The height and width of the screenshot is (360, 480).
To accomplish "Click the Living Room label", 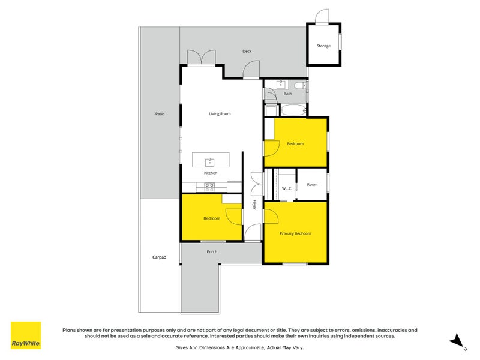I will point(220,113).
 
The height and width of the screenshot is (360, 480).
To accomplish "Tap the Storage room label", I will point(323,46).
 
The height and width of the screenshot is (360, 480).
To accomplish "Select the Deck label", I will point(247,51).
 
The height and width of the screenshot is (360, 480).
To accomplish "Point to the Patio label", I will point(160,113).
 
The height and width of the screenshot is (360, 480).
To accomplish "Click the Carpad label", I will point(158,257).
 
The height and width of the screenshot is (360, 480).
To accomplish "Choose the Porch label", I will point(212,251).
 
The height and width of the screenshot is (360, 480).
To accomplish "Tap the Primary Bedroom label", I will point(295,233).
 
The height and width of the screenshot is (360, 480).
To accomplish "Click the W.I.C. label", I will point(287,188).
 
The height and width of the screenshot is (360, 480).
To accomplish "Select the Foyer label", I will point(254,205).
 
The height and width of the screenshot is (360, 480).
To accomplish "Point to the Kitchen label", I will point(210,173).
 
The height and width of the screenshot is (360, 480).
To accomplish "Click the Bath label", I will point(288,94).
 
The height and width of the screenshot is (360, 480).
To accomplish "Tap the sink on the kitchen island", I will point(209,161).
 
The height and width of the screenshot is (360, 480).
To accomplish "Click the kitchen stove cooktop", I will point(209,185).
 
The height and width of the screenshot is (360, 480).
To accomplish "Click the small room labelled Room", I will point(312,184).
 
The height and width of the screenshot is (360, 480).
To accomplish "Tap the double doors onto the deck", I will point(201,58).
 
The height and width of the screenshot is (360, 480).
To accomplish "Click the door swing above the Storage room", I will point(323,16).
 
